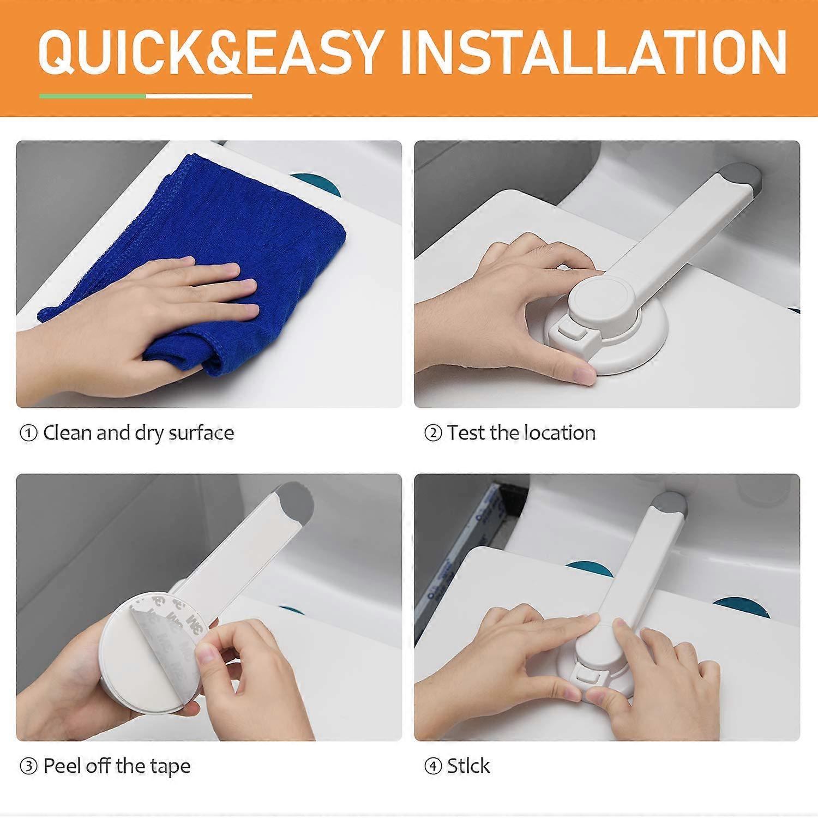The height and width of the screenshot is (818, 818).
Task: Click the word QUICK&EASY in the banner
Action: (x=209, y=53)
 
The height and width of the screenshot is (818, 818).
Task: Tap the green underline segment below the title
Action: (x=92, y=97)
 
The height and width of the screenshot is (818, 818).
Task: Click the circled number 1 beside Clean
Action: (x=28, y=434)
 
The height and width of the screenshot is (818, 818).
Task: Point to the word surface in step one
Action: (x=201, y=433)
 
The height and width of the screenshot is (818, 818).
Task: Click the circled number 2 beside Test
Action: (x=433, y=434)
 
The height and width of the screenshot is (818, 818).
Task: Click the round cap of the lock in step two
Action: (x=603, y=299)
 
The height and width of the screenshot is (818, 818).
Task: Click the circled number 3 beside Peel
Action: (x=28, y=767)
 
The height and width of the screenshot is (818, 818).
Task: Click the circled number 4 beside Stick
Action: (x=433, y=767)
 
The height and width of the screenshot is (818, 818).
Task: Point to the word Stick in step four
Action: (x=468, y=766)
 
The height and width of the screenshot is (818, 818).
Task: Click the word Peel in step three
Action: (x=62, y=766)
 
